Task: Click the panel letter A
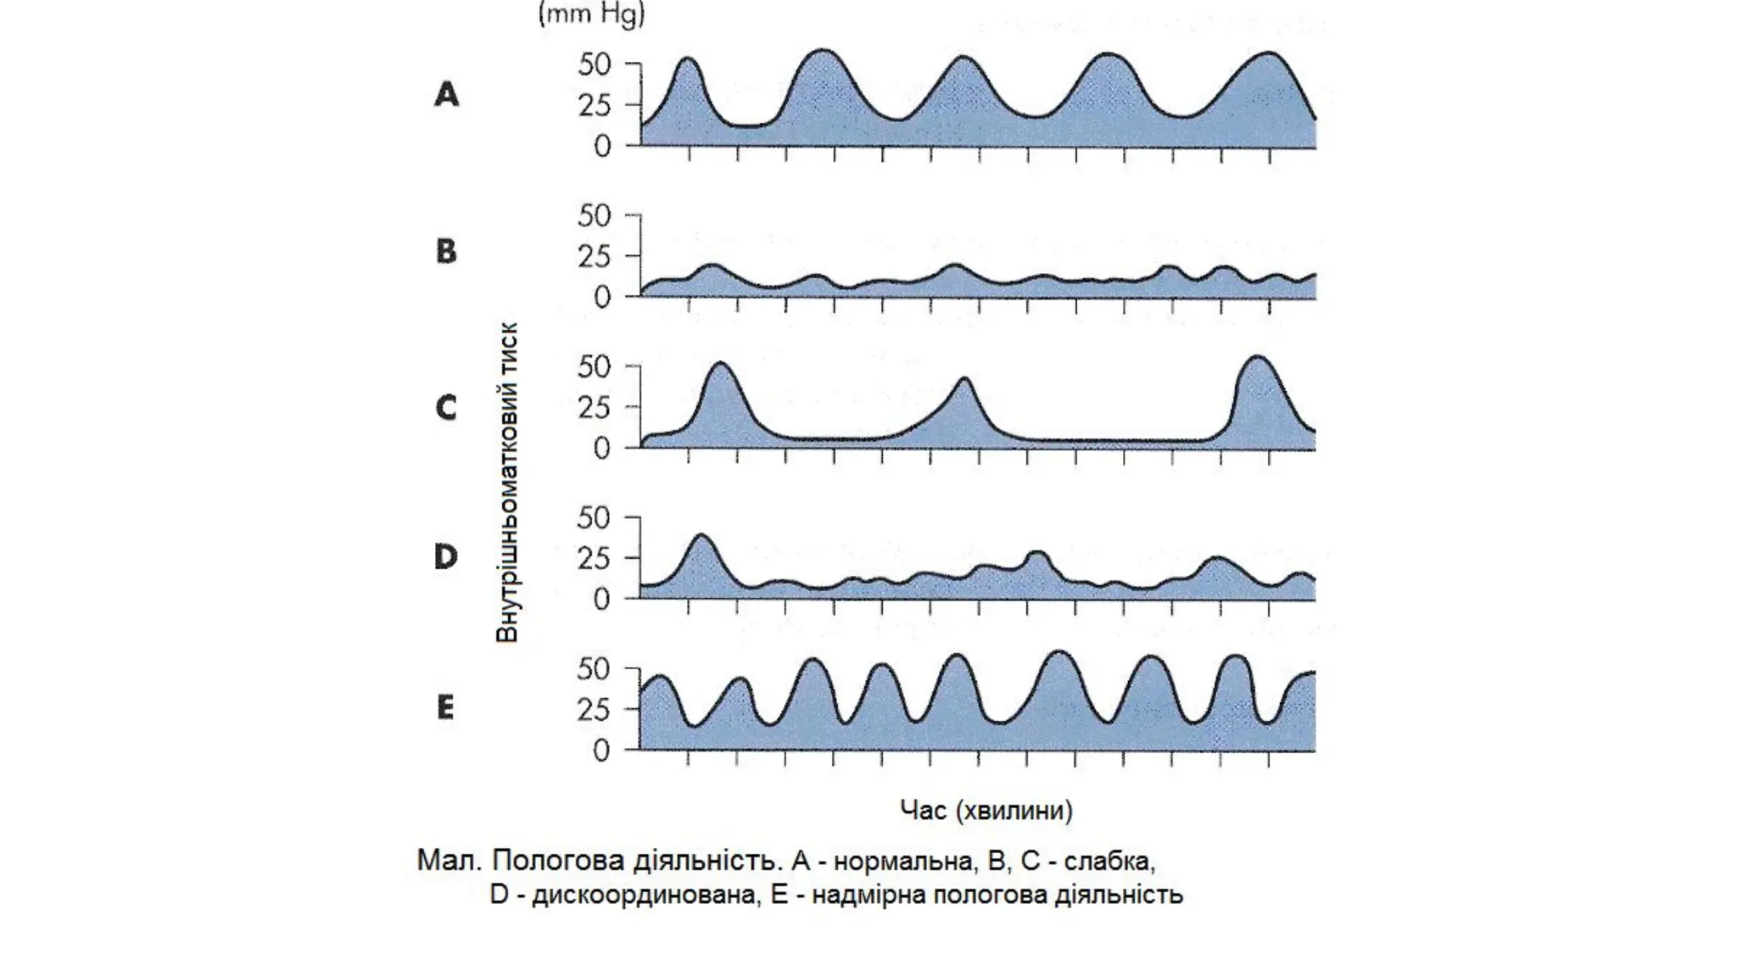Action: coord(447,94)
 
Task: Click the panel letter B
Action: coord(446,252)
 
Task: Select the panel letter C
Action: coord(446,408)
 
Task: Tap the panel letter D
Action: coord(446,557)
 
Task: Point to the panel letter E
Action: coord(445,707)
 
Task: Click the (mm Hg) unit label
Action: coord(591,14)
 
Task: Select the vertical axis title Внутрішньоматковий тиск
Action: coord(507,483)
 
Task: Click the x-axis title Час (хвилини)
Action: coord(986,811)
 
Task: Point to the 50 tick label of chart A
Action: coord(595,64)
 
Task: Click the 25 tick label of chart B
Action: coord(595,256)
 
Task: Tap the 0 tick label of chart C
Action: coord(602,449)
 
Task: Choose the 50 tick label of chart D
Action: coord(594,518)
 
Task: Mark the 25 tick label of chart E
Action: coord(594,711)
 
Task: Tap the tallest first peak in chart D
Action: coord(701,538)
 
